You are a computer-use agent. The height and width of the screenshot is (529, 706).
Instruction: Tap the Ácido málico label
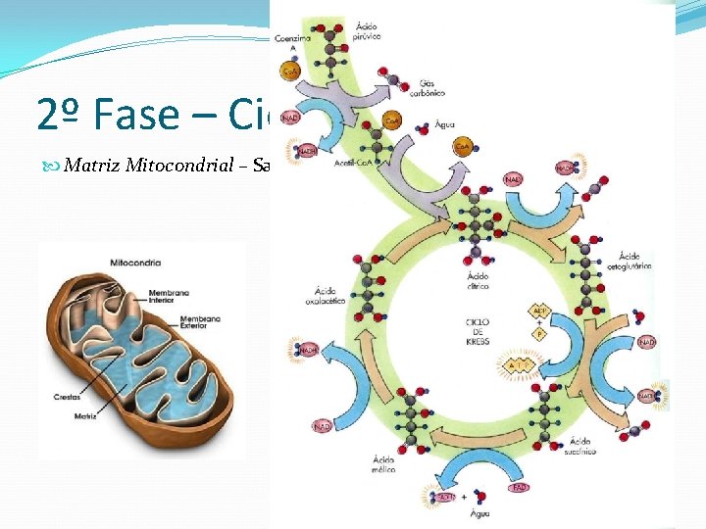[x=384, y=463]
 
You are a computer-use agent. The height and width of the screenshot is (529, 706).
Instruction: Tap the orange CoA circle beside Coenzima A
[x=291, y=72]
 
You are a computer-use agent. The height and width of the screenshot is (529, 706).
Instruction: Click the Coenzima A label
[x=292, y=42]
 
